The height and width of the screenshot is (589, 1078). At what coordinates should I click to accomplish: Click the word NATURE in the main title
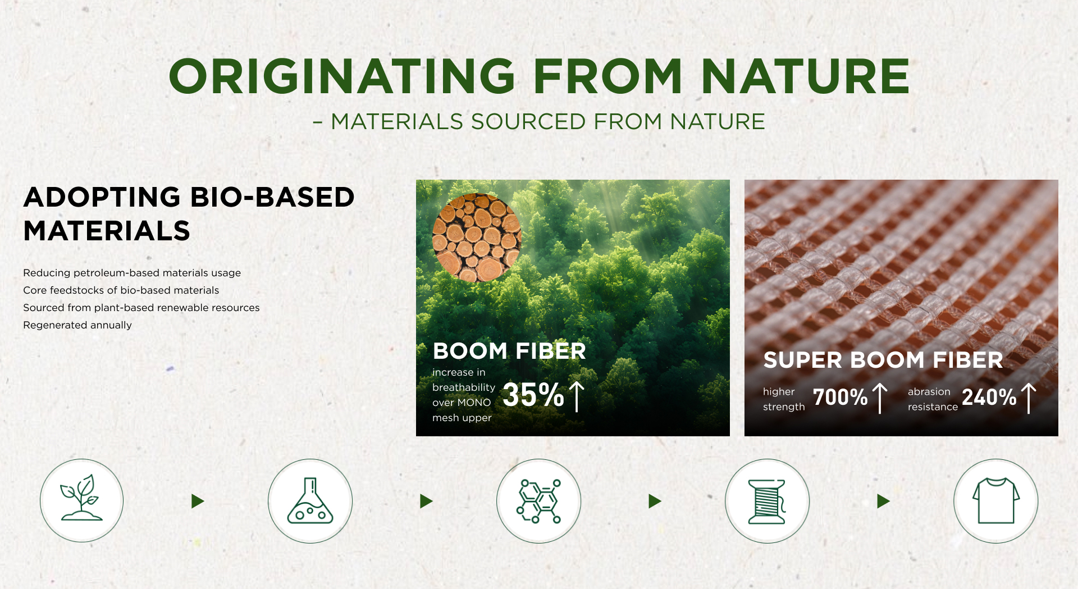(805, 76)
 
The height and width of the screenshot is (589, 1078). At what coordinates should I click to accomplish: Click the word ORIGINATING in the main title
(342, 76)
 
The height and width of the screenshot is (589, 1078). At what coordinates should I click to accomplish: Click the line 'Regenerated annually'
(77, 325)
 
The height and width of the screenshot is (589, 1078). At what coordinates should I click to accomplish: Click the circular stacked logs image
(477, 238)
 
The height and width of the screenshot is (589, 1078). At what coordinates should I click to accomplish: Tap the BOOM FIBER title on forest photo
(509, 351)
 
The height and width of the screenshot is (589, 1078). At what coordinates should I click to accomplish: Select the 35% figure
(533, 394)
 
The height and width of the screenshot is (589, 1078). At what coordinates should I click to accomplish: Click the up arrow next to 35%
(577, 396)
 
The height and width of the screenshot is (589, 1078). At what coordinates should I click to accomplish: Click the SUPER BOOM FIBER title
(883, 360)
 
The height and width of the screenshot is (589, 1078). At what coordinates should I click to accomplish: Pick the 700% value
(841, 397)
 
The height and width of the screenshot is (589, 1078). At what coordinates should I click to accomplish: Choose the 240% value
(989, 397)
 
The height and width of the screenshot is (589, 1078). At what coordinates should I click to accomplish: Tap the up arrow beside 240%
(1029, 398)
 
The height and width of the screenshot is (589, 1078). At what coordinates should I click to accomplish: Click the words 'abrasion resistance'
(933, 399)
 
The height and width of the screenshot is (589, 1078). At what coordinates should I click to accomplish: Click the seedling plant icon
(81, 498)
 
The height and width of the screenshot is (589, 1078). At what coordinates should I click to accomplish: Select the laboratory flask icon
(310, 500)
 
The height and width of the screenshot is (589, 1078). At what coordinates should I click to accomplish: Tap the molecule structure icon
(538, 501)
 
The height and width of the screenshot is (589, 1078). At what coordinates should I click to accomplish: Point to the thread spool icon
(767, 501)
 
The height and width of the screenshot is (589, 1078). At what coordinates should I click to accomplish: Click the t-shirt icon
(996, 501)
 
